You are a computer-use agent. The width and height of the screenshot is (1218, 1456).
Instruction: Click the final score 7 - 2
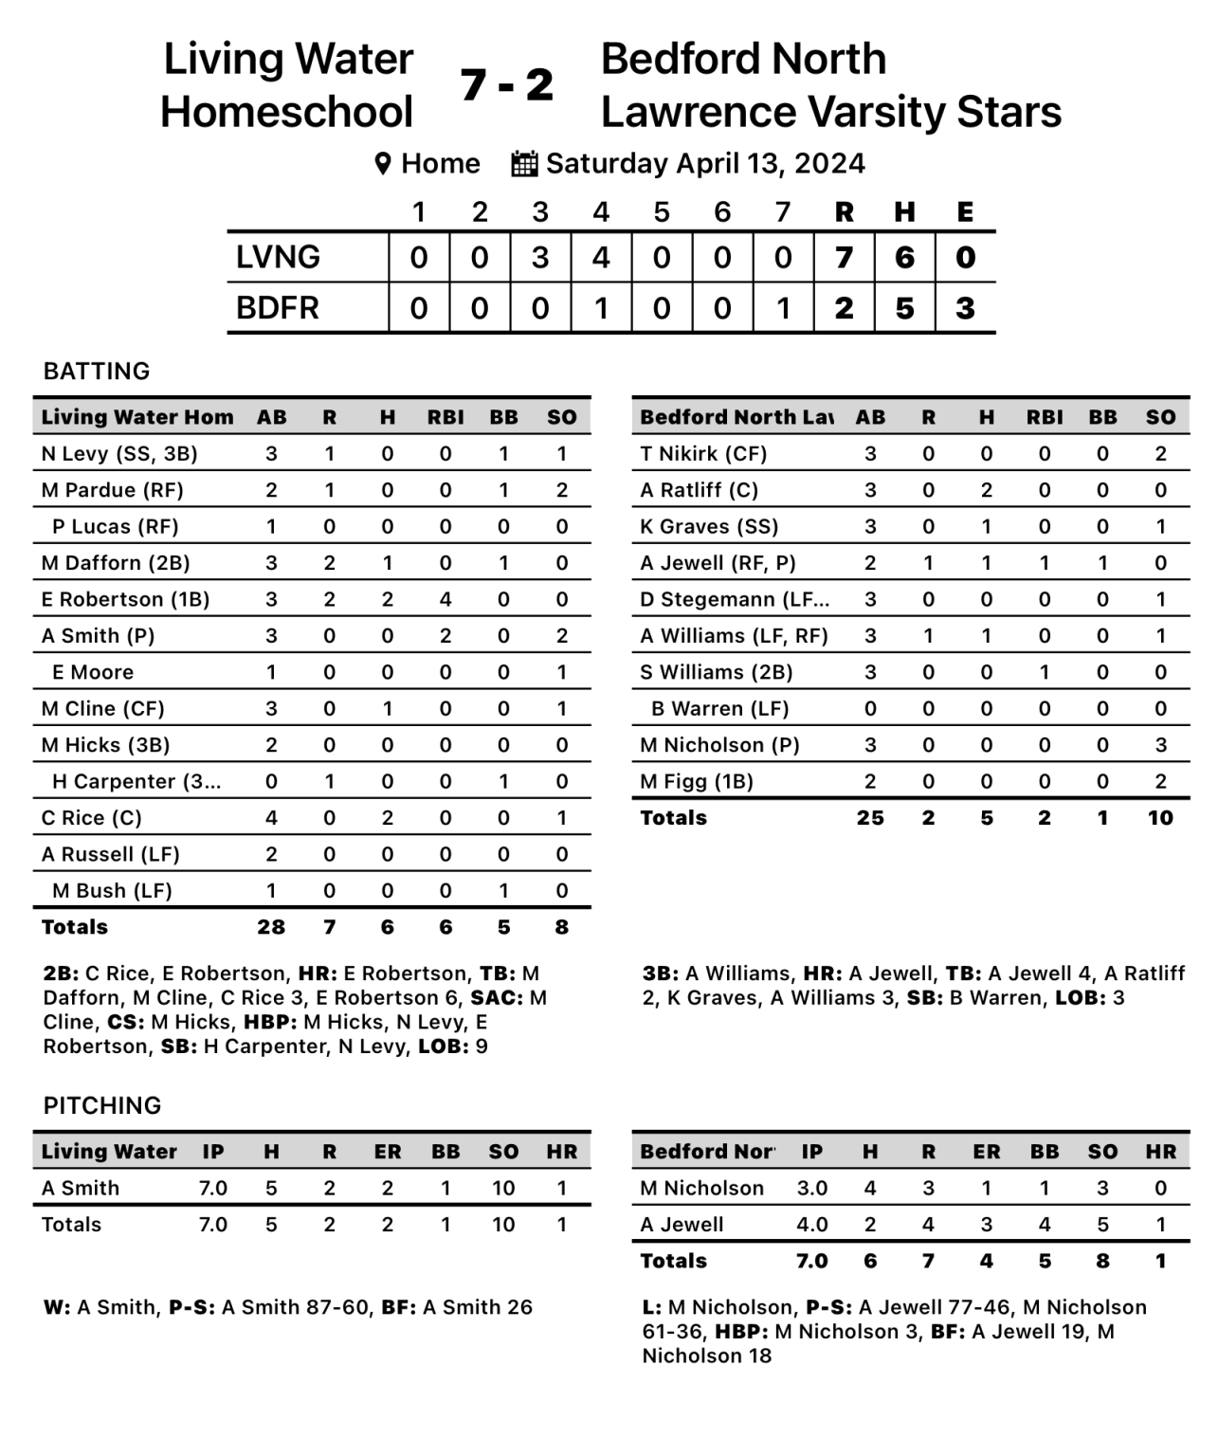pos(507,85)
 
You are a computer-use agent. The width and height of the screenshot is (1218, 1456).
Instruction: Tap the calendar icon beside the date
pos(524,163)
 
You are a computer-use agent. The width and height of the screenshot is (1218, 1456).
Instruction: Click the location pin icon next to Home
pos(383,163)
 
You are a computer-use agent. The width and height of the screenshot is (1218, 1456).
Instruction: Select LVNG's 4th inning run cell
pos(601,257)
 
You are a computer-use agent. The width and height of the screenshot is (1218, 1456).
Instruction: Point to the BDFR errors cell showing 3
pos(965,308)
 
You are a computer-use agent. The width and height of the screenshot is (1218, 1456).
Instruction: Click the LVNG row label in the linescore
pos(278,257)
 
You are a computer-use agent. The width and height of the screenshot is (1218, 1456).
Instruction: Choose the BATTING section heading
pos(97,371)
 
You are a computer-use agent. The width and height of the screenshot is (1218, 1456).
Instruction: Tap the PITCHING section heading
pos(102,1105)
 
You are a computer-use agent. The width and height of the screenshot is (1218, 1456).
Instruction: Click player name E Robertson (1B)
pos(125,599)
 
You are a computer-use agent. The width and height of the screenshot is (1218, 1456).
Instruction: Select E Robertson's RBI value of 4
pos(445,599)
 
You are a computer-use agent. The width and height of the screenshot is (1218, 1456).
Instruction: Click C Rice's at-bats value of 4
pos(271,818)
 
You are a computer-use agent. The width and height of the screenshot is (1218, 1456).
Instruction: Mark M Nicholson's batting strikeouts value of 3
pos(1160,745)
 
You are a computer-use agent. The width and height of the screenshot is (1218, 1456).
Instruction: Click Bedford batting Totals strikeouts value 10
pos(1160,818)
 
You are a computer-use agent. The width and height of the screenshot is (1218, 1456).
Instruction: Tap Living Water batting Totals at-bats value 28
pos(271,927)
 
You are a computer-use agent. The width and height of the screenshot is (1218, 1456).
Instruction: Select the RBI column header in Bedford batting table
pos(1045,417)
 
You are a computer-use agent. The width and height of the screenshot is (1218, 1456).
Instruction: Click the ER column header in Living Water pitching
pos(387,1152)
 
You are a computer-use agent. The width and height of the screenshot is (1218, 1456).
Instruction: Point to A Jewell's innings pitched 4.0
pos(812,1225)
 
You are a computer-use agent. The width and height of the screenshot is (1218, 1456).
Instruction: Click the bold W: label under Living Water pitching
pos(56,1307)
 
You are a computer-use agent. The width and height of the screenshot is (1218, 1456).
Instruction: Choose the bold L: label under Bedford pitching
pos(651,1307)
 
